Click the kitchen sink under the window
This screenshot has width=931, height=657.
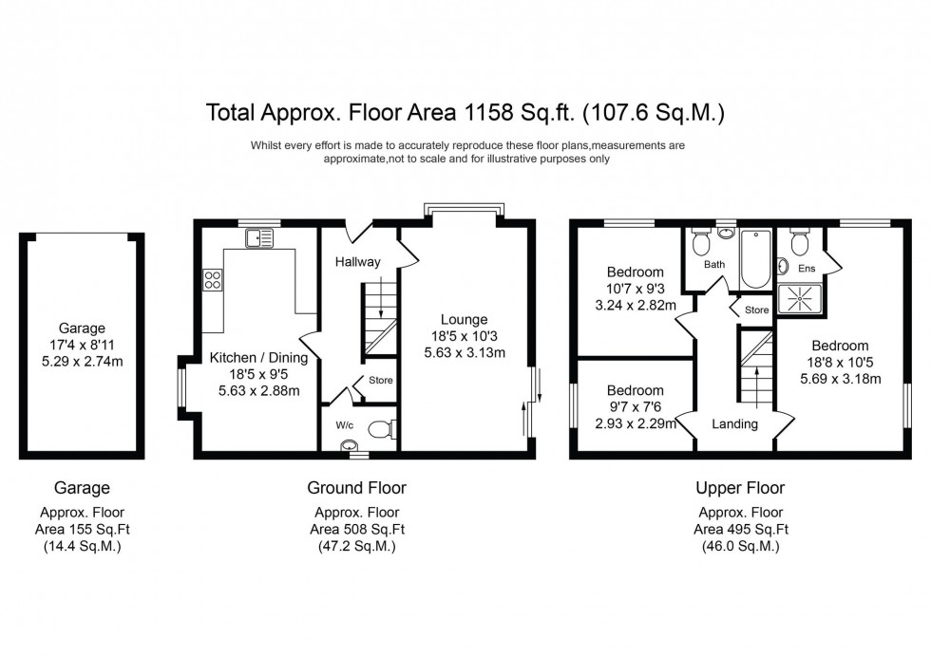256,237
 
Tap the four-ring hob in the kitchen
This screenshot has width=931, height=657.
213,280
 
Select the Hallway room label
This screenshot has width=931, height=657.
357,262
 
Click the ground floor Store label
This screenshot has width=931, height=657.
381,380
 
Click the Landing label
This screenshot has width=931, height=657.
734,423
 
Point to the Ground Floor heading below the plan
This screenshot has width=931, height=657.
356,488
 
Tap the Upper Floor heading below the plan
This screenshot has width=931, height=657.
740,488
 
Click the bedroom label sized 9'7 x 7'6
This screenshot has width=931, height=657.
635,390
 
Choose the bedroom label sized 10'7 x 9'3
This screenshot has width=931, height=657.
635,272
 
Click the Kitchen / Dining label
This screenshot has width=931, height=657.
259,358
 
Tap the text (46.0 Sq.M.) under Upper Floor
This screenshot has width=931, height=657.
740,547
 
